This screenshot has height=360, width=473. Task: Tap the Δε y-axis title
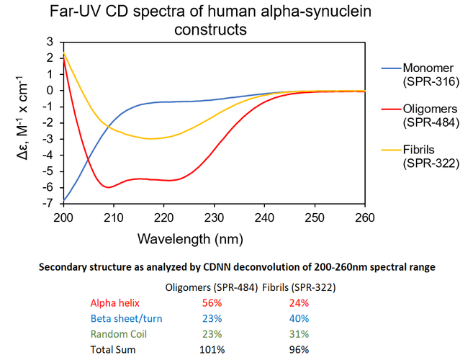coord(29,122)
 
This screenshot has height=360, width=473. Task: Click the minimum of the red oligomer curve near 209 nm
coord(109,187)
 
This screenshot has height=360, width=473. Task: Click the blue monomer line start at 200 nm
coord(65,199)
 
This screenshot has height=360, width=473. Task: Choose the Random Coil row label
coord(117,334)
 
